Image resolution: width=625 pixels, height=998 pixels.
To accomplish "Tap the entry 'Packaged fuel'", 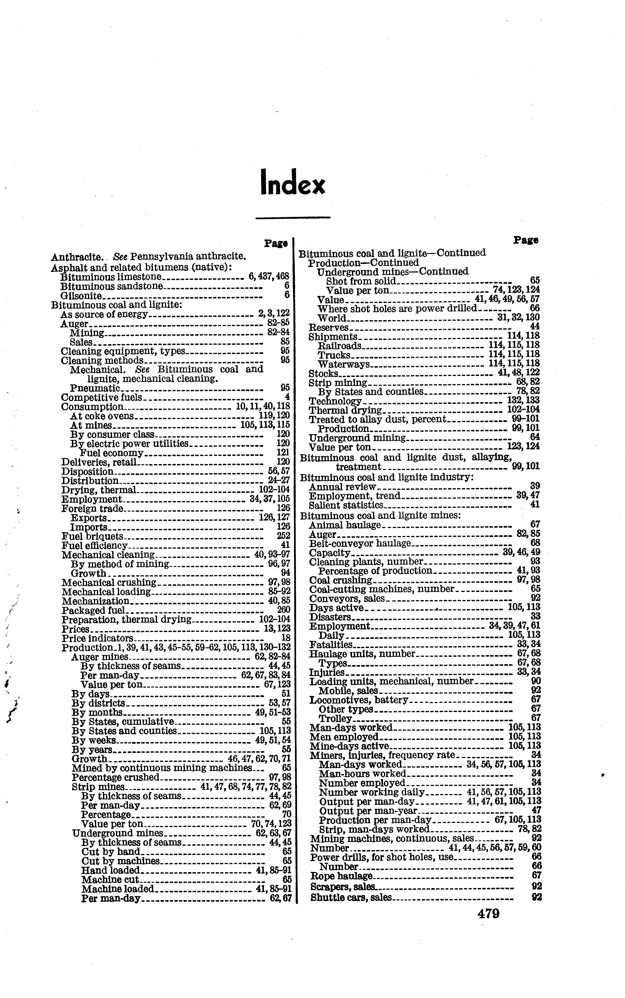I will coord(93,610).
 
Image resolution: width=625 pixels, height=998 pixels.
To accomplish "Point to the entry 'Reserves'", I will coord(329,328).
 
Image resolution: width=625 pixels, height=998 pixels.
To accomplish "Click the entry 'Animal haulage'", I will coord(345,525).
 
